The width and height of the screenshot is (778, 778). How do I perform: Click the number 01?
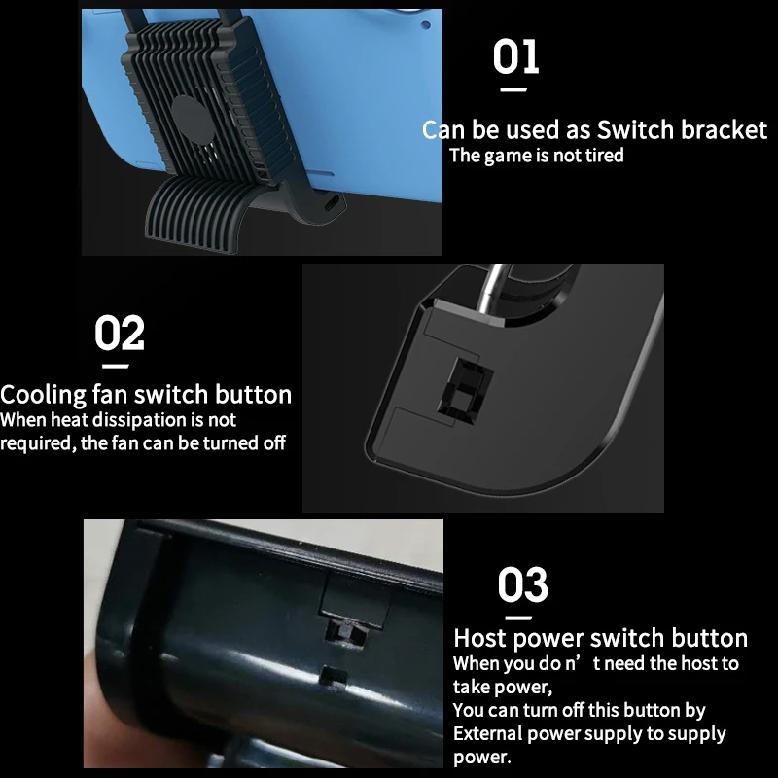pos(515,58)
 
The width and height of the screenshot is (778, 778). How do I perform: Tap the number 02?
pos(120,334)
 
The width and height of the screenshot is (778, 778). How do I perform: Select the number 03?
pos(523,585)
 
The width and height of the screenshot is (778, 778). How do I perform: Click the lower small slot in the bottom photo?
pos(334,674)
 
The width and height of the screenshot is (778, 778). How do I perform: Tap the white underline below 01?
pos(513,89)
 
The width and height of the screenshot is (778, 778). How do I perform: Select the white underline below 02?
pos(116,366)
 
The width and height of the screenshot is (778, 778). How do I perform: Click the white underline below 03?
pos(517,618)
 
